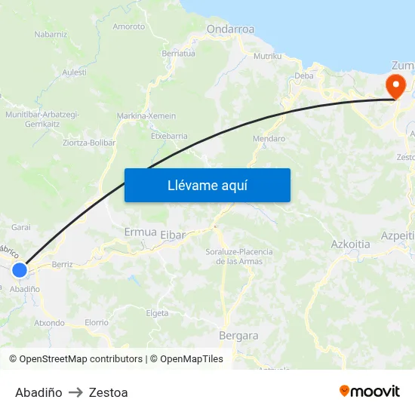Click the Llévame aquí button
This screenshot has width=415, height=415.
[x=207, y=185]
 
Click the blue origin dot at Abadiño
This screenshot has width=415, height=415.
[x=20, y=269]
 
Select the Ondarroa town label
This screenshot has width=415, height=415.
[x=230, y=30]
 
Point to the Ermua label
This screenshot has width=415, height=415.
[x=140, y=232]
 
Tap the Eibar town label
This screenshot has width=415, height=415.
[x=173, y=235]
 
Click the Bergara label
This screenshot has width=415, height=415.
[x=238, y=336]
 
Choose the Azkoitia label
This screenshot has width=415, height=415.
[x=350, y=244]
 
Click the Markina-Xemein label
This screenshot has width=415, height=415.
[x=146, y=116]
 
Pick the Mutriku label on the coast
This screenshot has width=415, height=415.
[x=267, y=57]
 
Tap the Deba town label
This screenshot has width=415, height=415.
[x=303, y=75]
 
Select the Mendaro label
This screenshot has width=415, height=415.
[x=269, y=139]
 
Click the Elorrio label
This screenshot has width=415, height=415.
[x=97, y=322]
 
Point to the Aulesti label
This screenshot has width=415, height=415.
[x=74, y=72]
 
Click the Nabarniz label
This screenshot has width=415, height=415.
[x=51, y=34]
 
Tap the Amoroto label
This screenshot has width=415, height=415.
[x=128, y=26]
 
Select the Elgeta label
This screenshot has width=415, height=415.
[x=156, y=313]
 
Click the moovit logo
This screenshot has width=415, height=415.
[x=369, y=391]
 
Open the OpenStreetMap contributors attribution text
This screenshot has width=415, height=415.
[x=81, y=359]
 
